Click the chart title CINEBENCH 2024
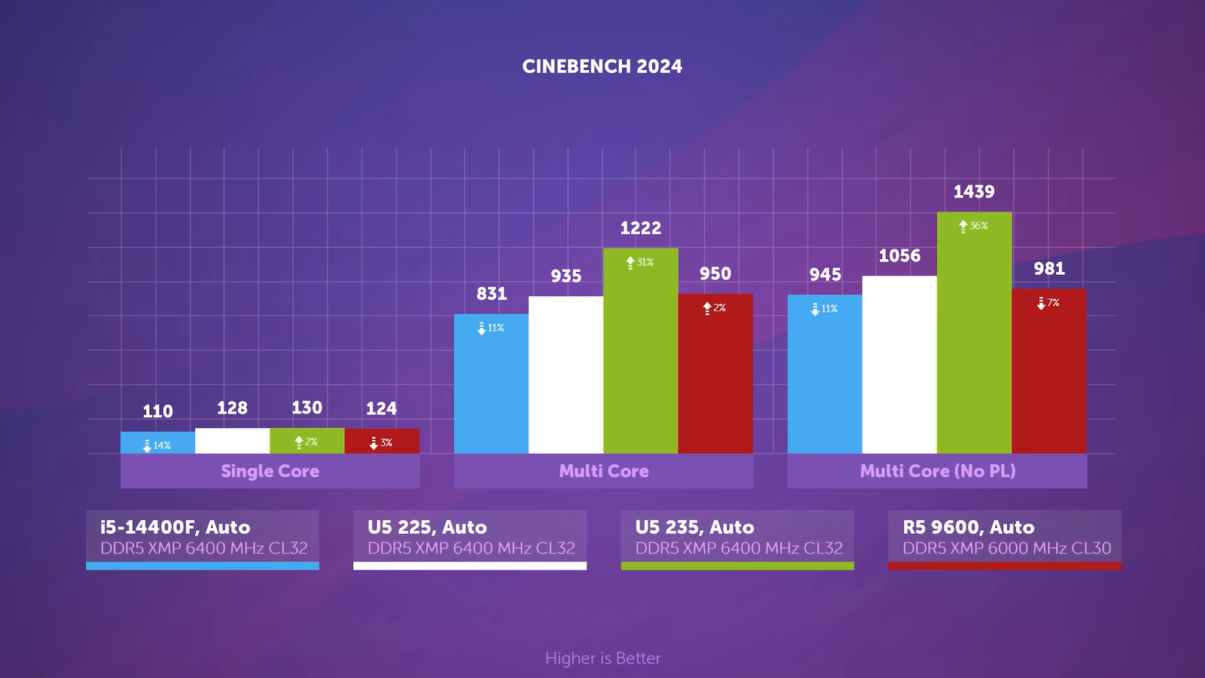(x=602, y=66)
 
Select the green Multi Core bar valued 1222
(x=640, y=354)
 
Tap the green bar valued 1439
(x=974, y=335)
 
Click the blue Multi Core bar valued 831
(x=491, y=384)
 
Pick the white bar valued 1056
(x=899, y=365)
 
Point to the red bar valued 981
(x=1048, y=373)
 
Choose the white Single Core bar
(x=232, y=441)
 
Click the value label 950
(x=715, y=273)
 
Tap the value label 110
(x=157, y=411)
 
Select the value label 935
(x=566, y=276)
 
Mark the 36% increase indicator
(x=973, y=226)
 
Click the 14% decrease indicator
(x=157, y=445)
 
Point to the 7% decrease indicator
(x=1048, y=303)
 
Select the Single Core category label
(x=270, y=471)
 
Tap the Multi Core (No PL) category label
(x=938, y=471)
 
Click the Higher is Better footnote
(x=602, y=658)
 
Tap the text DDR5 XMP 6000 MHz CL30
(x=1006, y=548)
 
